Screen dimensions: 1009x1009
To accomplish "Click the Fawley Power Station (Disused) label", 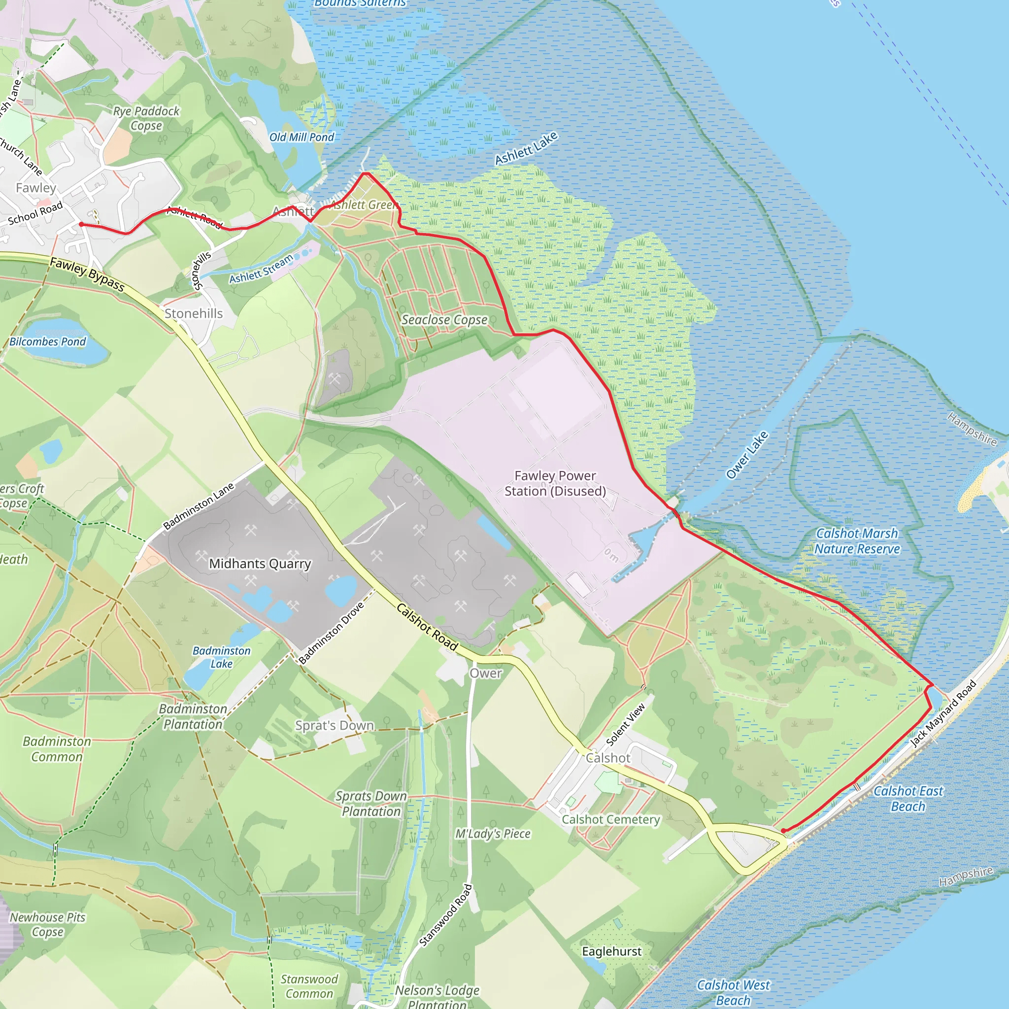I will click(555, 483).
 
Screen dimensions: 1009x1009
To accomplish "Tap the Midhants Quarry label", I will click(260, 564).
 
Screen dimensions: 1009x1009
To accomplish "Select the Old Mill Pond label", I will click(302, 137).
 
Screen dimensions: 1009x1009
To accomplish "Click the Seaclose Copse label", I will click(444, 320).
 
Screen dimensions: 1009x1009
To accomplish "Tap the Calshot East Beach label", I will click(908, 799).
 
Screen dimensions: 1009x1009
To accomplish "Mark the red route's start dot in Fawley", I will click(81, 224).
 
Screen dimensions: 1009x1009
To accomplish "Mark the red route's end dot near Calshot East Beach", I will click(783, 830).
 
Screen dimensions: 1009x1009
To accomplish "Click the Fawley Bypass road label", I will click(87, 275).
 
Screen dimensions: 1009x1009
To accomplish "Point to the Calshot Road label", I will click(427, 627).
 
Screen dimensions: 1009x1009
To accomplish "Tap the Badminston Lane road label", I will click(198, 506).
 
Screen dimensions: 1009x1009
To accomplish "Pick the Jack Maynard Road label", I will click(942, 713).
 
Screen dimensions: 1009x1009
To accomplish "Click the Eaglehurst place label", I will click(611, 951).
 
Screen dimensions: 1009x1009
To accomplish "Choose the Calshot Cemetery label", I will click(610, 819).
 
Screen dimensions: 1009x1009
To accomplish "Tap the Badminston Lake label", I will click(221, 657).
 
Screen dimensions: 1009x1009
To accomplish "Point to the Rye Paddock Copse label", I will click(146, 118).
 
